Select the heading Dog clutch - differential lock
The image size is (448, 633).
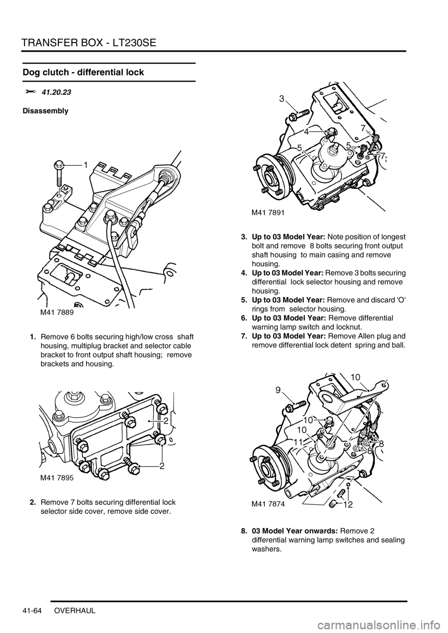(x=83, y=72)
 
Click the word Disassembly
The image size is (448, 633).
(x=45, y=111)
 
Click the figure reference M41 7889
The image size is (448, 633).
(x=55, y=312)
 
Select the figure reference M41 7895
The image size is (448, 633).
(x=55, y=478)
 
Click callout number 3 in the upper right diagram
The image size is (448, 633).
(x=282, y=99)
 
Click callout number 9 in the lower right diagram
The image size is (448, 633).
(x=278, y=391)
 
